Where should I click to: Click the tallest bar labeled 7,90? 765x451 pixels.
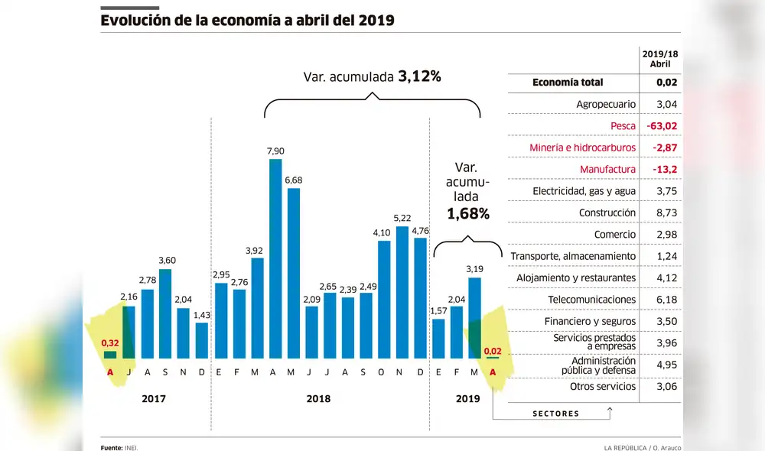[x=275, y=258]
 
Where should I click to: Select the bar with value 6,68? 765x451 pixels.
[x=294, y=273]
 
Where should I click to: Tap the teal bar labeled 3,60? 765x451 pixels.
[x=165, y=313]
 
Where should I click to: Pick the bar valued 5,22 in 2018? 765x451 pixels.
[x=402, y=292]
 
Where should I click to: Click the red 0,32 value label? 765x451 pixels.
[x=110, y=343]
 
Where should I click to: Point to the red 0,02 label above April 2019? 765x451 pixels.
[x=493, y=350]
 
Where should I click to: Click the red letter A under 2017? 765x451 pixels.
[x=110, y=372]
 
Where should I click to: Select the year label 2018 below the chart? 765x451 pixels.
[x=320, y=398]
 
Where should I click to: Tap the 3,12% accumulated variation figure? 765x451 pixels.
[x=419, y=76]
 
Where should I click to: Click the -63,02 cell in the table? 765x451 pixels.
[x=660, y=125]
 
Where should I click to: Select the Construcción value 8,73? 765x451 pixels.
[x=660, y=213]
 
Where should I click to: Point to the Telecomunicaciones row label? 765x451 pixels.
[x=591, y=300]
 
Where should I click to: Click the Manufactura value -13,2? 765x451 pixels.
[x=660, y=169]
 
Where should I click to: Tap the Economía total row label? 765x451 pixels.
[x=568, y=83]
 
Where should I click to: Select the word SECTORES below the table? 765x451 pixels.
[x=555, y=414]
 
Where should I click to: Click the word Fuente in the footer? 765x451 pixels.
[x=111, y=447]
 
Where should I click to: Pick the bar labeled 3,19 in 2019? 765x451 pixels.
[x=474, y=318]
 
